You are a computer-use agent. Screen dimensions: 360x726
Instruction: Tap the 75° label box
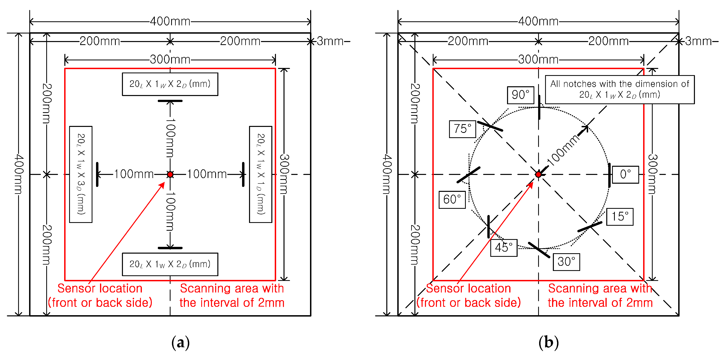pos(462,129)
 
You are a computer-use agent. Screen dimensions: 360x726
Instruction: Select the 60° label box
pos(452,200)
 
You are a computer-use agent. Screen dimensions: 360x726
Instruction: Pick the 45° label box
pos(504,247)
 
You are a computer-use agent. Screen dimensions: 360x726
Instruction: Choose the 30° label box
pos(566,262)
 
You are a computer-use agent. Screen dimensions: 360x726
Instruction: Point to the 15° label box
pos(620,217)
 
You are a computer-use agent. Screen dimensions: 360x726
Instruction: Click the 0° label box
pos(625,175)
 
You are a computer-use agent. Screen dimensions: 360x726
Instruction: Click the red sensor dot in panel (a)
pos(170,175)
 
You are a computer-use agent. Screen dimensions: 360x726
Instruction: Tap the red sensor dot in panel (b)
pos(538,175)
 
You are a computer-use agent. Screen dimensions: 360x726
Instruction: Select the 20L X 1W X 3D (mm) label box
pos(81,174)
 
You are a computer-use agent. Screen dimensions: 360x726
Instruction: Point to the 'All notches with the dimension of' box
pos(620,89)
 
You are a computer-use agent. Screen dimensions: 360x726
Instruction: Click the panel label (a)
pos(180,342)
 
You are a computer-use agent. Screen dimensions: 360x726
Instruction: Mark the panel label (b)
pos(548,342)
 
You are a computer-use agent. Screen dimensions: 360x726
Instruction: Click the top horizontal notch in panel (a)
pos(170,101)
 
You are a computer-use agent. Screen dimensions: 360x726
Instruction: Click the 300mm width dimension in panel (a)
pos(170,60)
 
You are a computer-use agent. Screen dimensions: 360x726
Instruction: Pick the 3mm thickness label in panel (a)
pos(330,41)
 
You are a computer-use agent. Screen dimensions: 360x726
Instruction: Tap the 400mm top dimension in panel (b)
pos(538,22)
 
